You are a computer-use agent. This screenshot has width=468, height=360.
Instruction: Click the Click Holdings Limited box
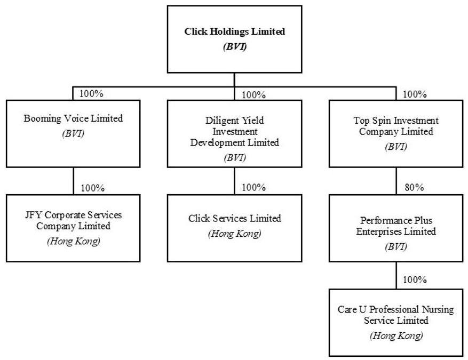point(235,39)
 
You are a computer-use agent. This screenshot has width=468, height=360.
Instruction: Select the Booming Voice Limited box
point(73,134)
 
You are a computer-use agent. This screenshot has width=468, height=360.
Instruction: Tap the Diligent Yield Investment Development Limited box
point(235,134)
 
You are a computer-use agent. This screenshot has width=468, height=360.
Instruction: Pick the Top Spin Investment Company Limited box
point(396,134)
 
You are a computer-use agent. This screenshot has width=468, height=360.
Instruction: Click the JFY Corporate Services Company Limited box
point(73,228)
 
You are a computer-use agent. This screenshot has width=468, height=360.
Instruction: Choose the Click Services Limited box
point(235,228)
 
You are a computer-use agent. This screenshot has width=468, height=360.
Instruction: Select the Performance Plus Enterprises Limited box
point(396,228)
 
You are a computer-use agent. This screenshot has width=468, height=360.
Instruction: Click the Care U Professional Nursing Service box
point(396,323)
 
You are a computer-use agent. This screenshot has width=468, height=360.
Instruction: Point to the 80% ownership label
point(414,187)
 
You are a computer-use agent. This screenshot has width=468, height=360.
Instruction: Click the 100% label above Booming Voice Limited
point(91,93)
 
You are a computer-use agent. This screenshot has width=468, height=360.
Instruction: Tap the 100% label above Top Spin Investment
point(415,94)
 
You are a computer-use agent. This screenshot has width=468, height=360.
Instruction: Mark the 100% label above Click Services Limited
point(253,187)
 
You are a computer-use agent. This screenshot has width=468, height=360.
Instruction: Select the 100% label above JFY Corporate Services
point(93,188)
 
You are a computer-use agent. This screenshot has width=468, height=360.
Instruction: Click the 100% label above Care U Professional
point(415,280)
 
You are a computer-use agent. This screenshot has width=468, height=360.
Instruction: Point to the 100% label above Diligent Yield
point(253,95)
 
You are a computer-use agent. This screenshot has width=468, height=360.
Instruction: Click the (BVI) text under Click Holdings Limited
point(235,47)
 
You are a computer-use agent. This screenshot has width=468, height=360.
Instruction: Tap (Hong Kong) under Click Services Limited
point(235,234)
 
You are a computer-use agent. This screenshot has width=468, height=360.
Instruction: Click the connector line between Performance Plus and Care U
point(396,275)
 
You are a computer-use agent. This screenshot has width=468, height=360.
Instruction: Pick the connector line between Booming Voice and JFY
point(74,181)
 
